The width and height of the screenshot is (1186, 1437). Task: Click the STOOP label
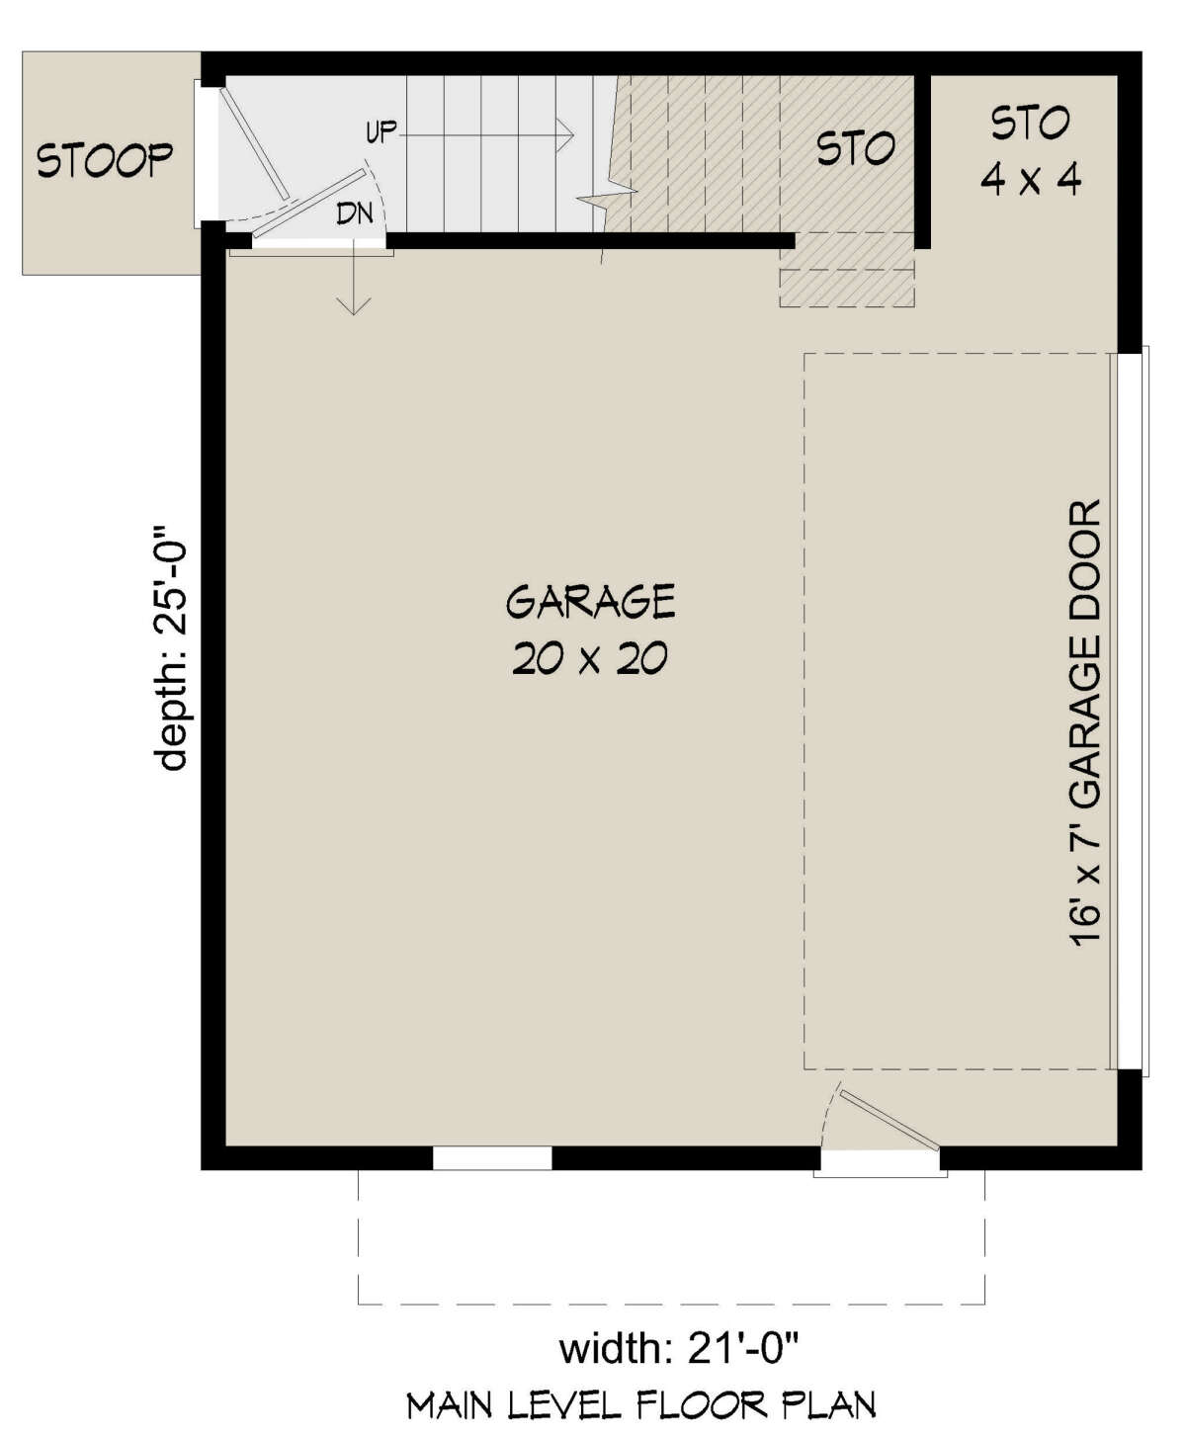(x=105, y=159)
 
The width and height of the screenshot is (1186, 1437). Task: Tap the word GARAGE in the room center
(x=590, y=601)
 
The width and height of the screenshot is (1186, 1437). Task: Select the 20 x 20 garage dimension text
(x=590, y=658)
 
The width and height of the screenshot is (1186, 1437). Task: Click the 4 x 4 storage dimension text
(x=1030, y=179)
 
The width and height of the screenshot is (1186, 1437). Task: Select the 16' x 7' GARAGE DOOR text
(x=1085, y=724)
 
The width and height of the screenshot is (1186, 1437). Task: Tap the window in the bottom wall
(x=492, y=1157)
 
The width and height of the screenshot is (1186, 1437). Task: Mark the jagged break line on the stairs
(x=605, y=193)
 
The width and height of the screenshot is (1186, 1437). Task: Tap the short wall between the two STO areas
(x=923, y=158)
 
